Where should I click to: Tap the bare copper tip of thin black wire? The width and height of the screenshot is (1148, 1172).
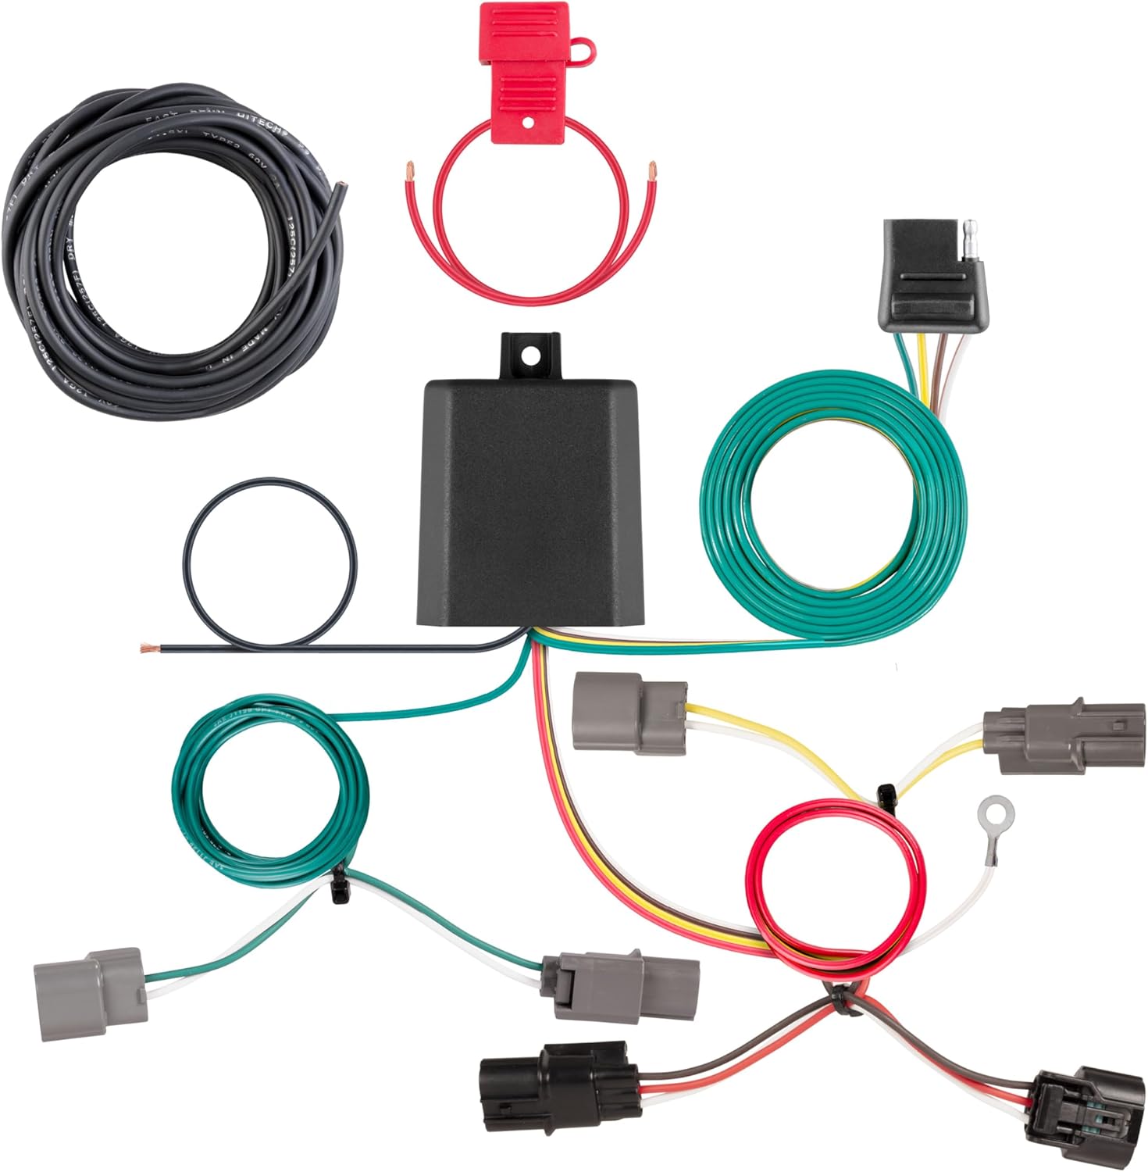click(147, 648)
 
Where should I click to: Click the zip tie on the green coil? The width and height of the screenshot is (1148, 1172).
click(340, 887)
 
